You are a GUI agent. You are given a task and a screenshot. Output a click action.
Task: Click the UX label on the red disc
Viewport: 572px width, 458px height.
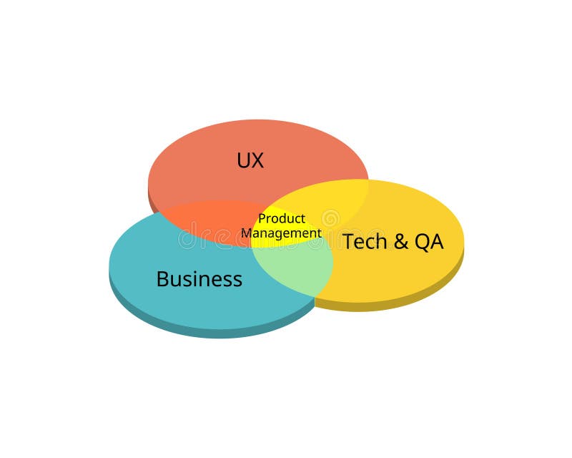250,160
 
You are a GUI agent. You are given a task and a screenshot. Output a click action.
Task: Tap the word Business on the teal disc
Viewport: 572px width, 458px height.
199,278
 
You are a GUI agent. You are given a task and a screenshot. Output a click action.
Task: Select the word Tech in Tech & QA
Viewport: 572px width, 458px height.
365,242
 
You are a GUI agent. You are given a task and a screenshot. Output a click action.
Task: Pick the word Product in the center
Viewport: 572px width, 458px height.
282,218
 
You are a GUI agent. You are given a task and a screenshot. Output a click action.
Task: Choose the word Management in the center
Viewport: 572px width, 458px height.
281,233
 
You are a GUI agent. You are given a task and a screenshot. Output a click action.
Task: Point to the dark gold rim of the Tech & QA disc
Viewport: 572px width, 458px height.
400,302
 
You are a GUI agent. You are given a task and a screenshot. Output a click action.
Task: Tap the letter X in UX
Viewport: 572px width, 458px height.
257,160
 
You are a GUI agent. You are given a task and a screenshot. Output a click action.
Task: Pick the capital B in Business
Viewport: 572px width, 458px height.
162,278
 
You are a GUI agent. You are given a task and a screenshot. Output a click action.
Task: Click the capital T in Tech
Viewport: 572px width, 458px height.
348,242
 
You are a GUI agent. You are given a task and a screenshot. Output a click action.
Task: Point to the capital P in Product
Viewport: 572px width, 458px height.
262,218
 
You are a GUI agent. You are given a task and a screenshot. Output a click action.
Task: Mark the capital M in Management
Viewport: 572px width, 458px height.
245,233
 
